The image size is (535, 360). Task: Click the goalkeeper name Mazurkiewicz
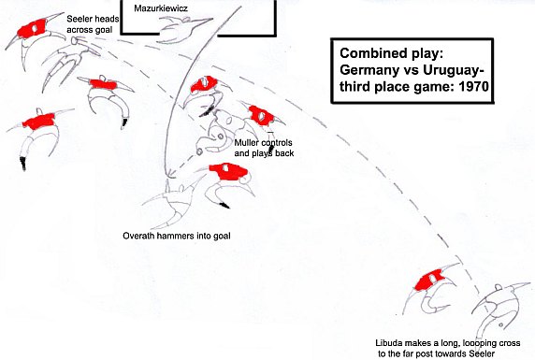[x=161, y=8]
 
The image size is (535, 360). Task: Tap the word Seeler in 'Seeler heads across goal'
[x=78, y=19]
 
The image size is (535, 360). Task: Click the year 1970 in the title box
[x=473, y=87]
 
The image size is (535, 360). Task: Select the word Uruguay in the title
[x=451, y=70]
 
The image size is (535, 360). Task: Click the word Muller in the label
[x=245, y=143]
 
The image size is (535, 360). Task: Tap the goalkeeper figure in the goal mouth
[x=184, y=29]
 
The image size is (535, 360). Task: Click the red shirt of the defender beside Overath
[x=228, y=171]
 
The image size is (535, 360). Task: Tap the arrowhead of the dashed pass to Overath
[x=171, y=176]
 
